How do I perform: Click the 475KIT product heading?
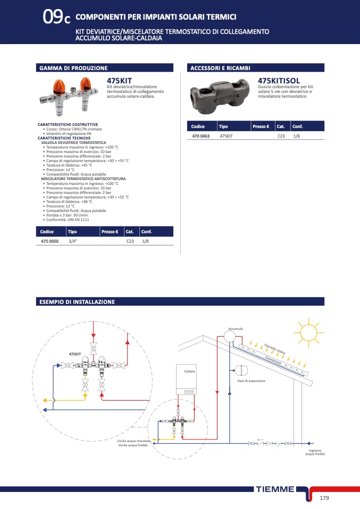point(119,80)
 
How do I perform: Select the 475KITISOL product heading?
point(276,80)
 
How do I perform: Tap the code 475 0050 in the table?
point(50,241)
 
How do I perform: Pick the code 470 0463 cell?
point(200,136)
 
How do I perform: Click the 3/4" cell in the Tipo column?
point(73,241)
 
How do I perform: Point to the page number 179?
point(325,497)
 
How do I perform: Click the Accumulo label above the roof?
point(236,329)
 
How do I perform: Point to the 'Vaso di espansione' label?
point(251,381)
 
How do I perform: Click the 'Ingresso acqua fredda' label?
point(315,452)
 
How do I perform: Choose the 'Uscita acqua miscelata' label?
point(135,441)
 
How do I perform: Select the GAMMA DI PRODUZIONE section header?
point(73,68)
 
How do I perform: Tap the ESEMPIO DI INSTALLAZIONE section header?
point(77,302)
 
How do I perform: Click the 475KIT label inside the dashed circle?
point(74,353)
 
